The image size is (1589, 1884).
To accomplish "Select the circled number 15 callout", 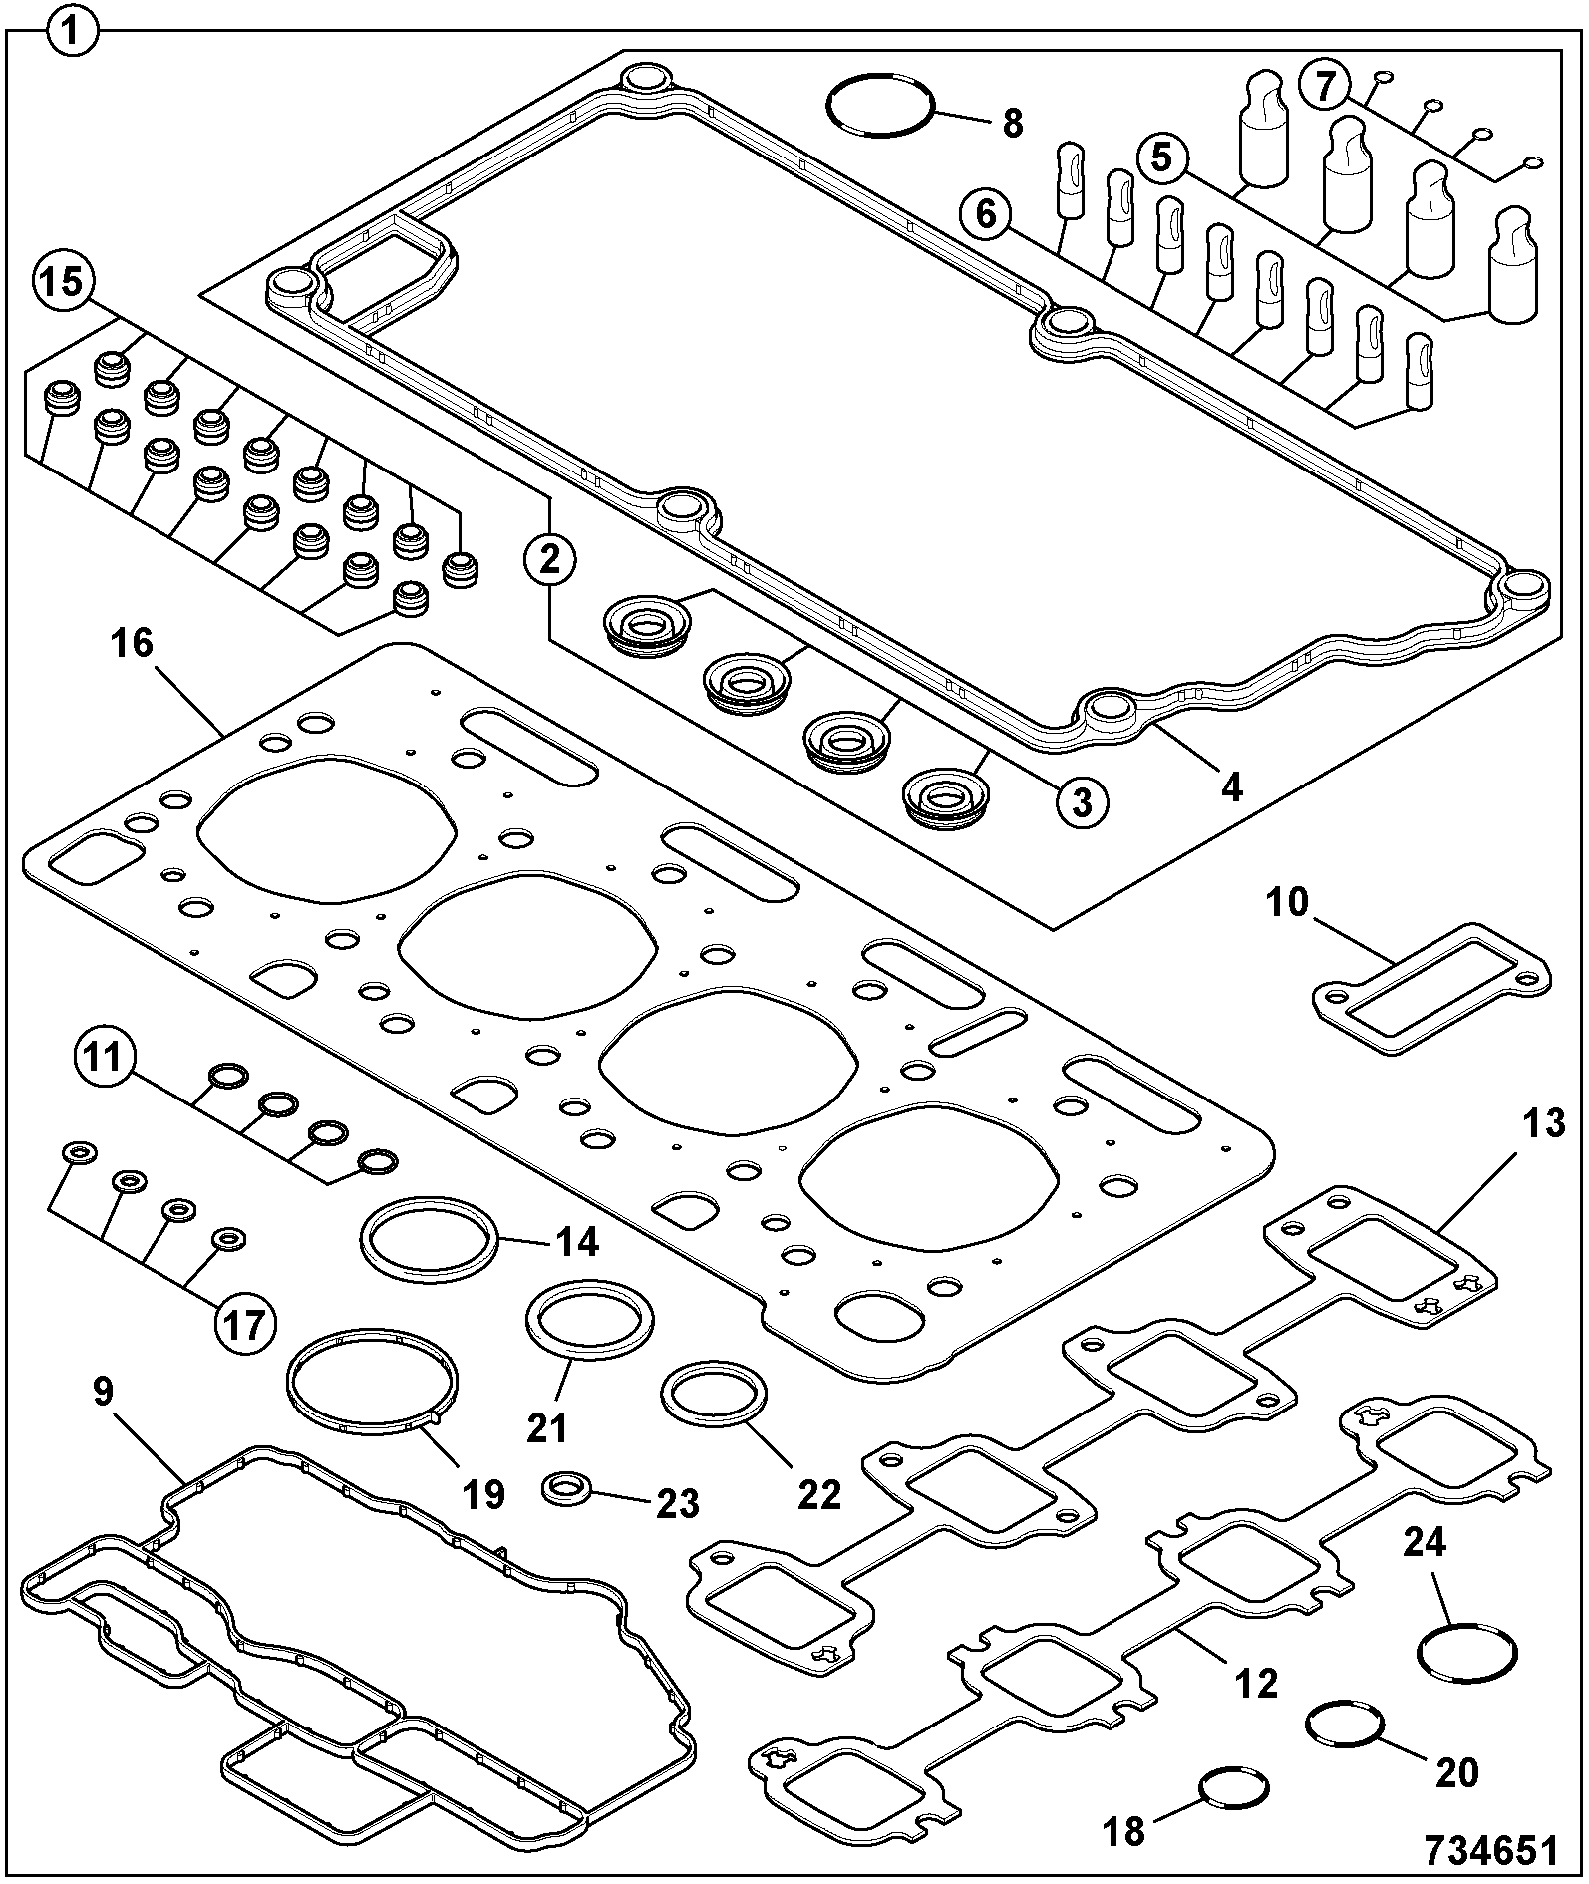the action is tap(63, 281).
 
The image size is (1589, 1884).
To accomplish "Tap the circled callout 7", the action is tap(1325, 86).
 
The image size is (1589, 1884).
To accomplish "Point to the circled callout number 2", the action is tap(550, 559).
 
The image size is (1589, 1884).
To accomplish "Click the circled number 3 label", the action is tap(1081, 799).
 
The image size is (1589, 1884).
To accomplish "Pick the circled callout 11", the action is tap(103, 1056).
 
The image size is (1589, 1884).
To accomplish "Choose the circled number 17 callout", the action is tap(245, 1325).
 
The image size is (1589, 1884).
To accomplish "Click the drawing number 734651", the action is tap(1490, 1850).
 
